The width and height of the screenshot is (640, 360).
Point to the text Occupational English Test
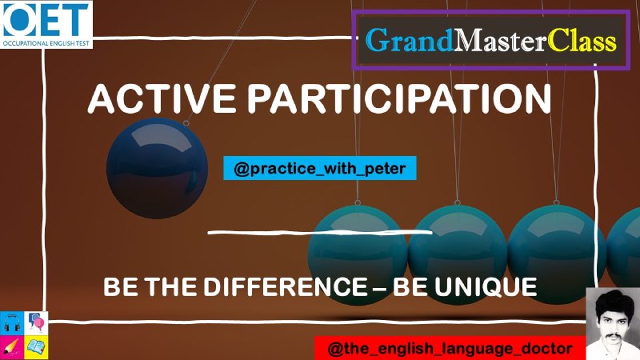pyautogui.click(x=46, y=43)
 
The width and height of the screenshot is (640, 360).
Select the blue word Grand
pyautogui.click(x=409, y=41)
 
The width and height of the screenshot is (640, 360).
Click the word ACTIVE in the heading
pyautogui.click(x=162, y=98)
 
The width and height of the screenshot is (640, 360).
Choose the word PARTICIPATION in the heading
pyautogui.click(x=399, y=98)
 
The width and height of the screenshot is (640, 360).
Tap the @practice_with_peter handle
pyautogui.click(x=319, y=168)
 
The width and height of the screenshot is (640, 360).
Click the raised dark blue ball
pyautogui.click(x=157, y=168)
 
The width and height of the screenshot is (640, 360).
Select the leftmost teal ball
pyautogui.click(x=358, y=254)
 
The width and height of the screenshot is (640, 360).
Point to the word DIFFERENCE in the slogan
pyautogui.click(x=286, y=286)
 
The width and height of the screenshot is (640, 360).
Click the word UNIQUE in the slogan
pyautogui.click(x=486, y=286)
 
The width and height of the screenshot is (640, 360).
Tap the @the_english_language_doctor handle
pyautogui.click(x=450, y=349)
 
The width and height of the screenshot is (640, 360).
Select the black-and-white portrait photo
pyautogui.click(x=613, y=324)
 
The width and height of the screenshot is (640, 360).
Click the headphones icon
pyautogui.click(x=12, y=323)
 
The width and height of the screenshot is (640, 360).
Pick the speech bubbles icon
pyautogui.click(x=36, y=322)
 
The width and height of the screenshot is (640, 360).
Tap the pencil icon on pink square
pyautogui.click(x=12, y=347)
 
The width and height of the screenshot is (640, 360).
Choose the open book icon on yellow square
pyautogui.click(x=36, y=347)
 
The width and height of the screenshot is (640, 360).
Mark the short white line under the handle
pyautogui.click(x=320, y=233)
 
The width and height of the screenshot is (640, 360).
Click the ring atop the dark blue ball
pyautogui.click(x=186, y=123)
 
